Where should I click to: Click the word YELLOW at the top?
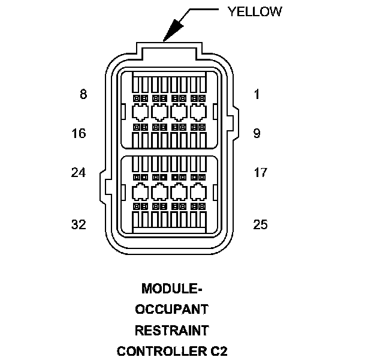click(x=255, y=11)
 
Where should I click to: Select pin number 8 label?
click(x=83, y=94)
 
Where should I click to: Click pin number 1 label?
click(x=257, y=94)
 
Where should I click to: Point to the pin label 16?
click(x=79, y=133)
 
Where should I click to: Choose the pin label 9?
click(x=257, y=133)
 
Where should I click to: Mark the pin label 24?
click(x=79, y=173)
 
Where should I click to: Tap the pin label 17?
click(x=260, y=173)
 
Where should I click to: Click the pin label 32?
click(x=79, y=225)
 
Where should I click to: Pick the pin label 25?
click(x=260, y=225)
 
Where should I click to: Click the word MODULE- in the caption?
click(x=171, y=289)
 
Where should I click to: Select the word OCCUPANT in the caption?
click(x=171, y=309)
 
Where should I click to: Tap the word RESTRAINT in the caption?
click(x=171, y=329)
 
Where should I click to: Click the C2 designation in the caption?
click(x=218, y=350)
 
